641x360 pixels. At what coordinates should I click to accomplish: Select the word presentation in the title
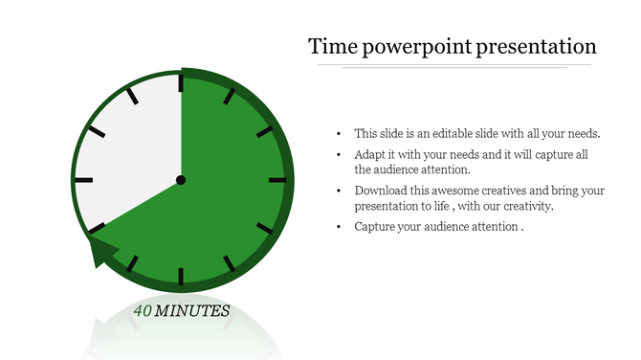coord(540,47)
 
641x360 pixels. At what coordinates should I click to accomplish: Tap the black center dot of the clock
coord(181,180)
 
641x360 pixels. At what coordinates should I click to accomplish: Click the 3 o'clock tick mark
coord(276,180)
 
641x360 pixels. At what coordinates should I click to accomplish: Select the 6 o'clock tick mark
coord(181,277)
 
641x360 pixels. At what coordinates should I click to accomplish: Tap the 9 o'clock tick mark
coord(84,180)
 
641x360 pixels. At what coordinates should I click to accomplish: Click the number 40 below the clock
coord(144,311)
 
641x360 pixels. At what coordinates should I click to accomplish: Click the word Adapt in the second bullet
coord(369,154)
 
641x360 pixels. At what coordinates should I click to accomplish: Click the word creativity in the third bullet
coord(526,207)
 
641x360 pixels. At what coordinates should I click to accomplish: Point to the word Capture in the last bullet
coord(374,227)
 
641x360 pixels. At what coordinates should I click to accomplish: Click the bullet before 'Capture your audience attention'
coord(340,228)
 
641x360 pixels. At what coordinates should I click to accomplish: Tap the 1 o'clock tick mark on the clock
coord(229,97)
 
